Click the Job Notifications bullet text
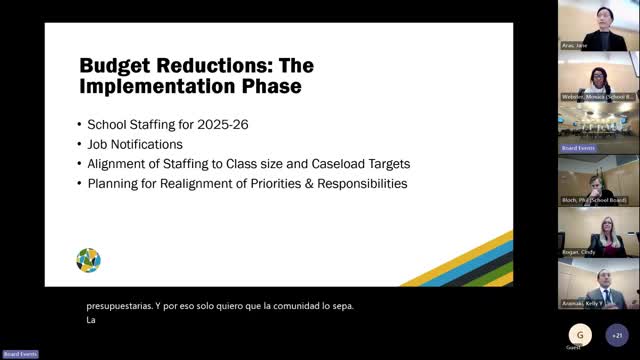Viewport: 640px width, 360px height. [135, 144]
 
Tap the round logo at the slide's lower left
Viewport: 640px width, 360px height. [88, 260]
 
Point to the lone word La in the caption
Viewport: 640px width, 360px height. [92, 321]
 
